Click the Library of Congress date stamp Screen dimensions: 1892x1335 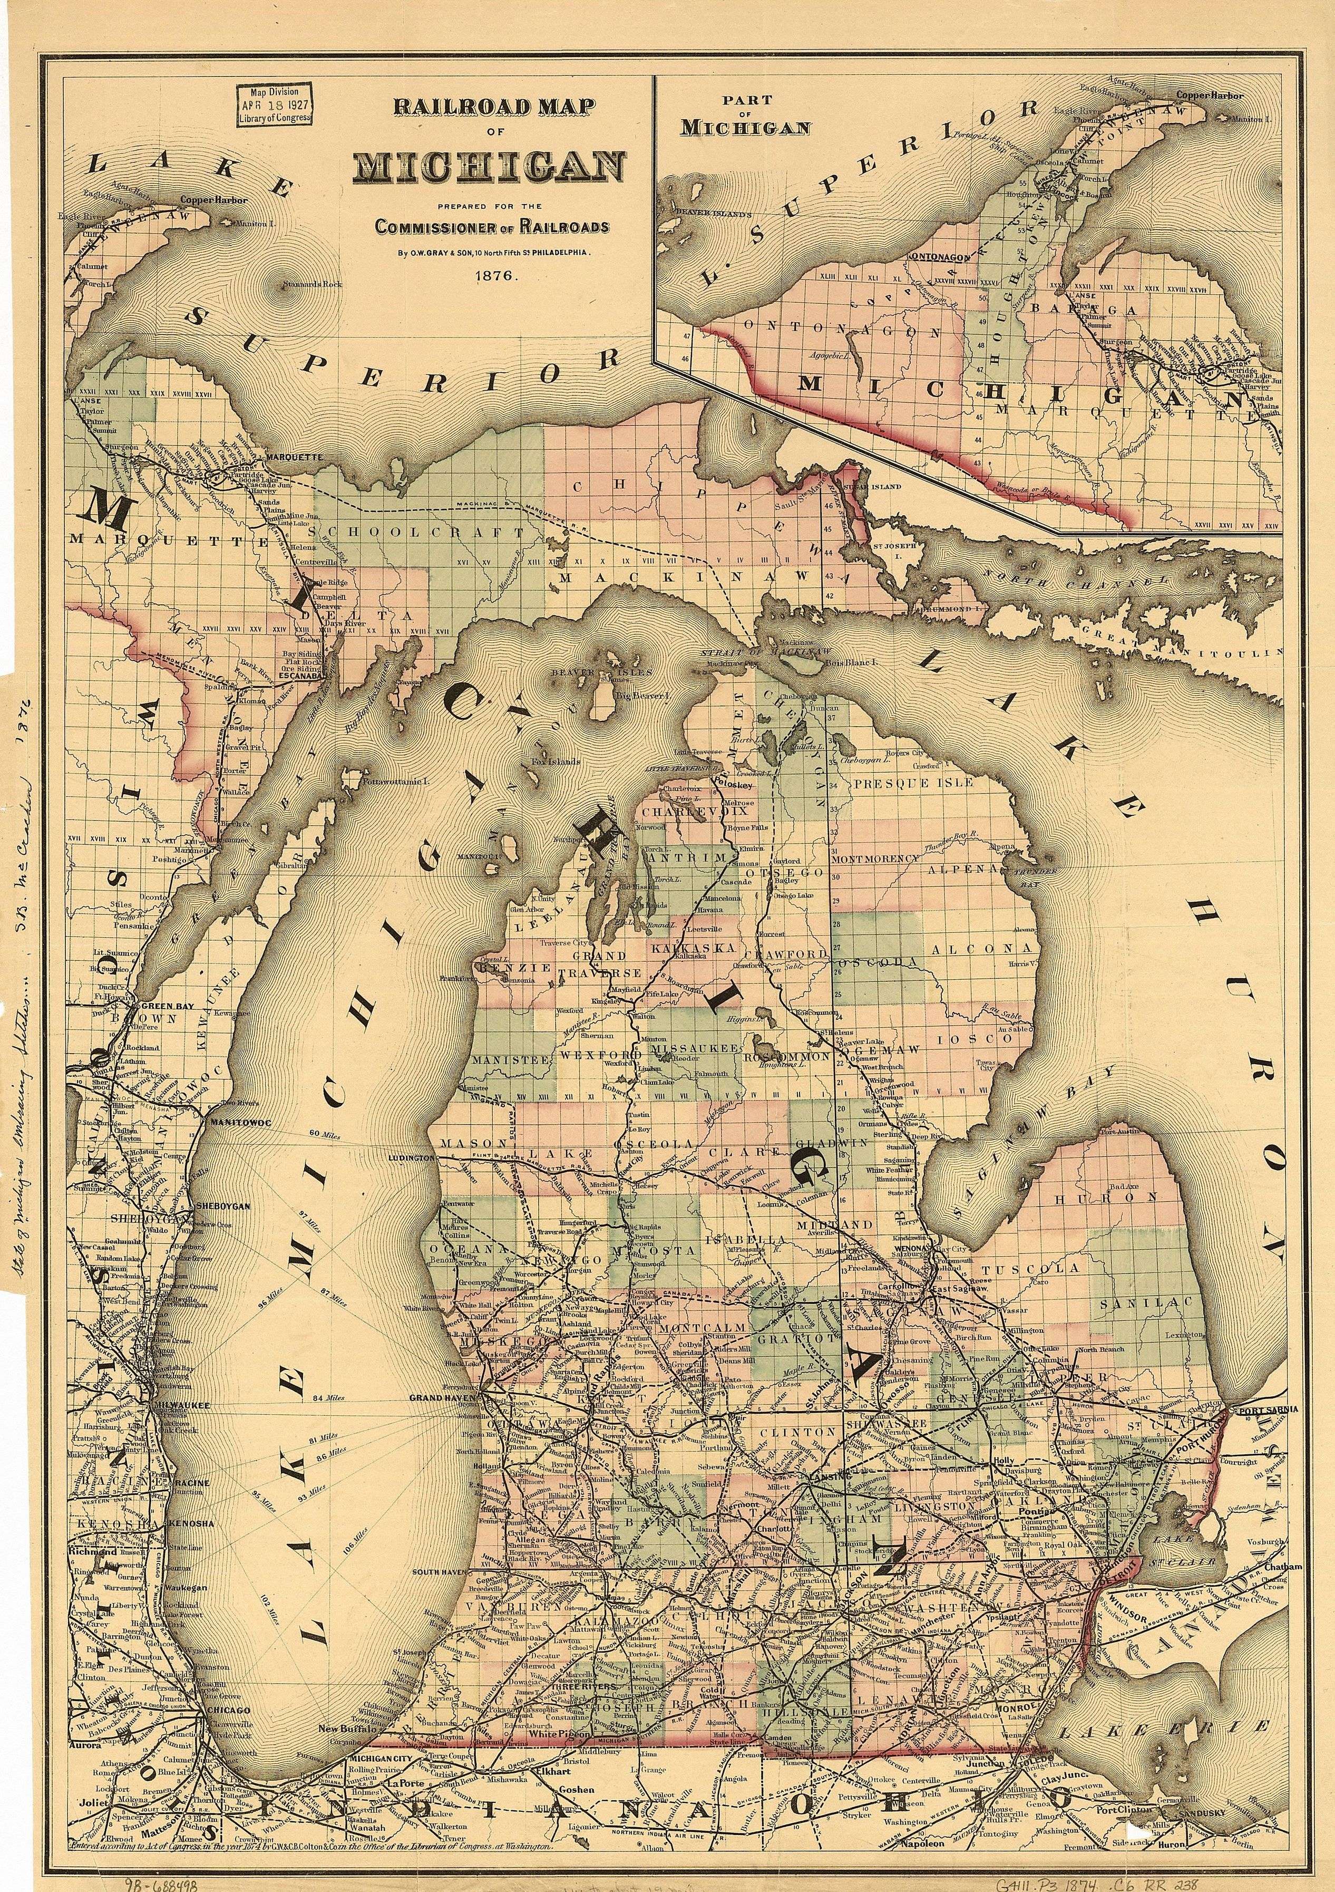[275, 104]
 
